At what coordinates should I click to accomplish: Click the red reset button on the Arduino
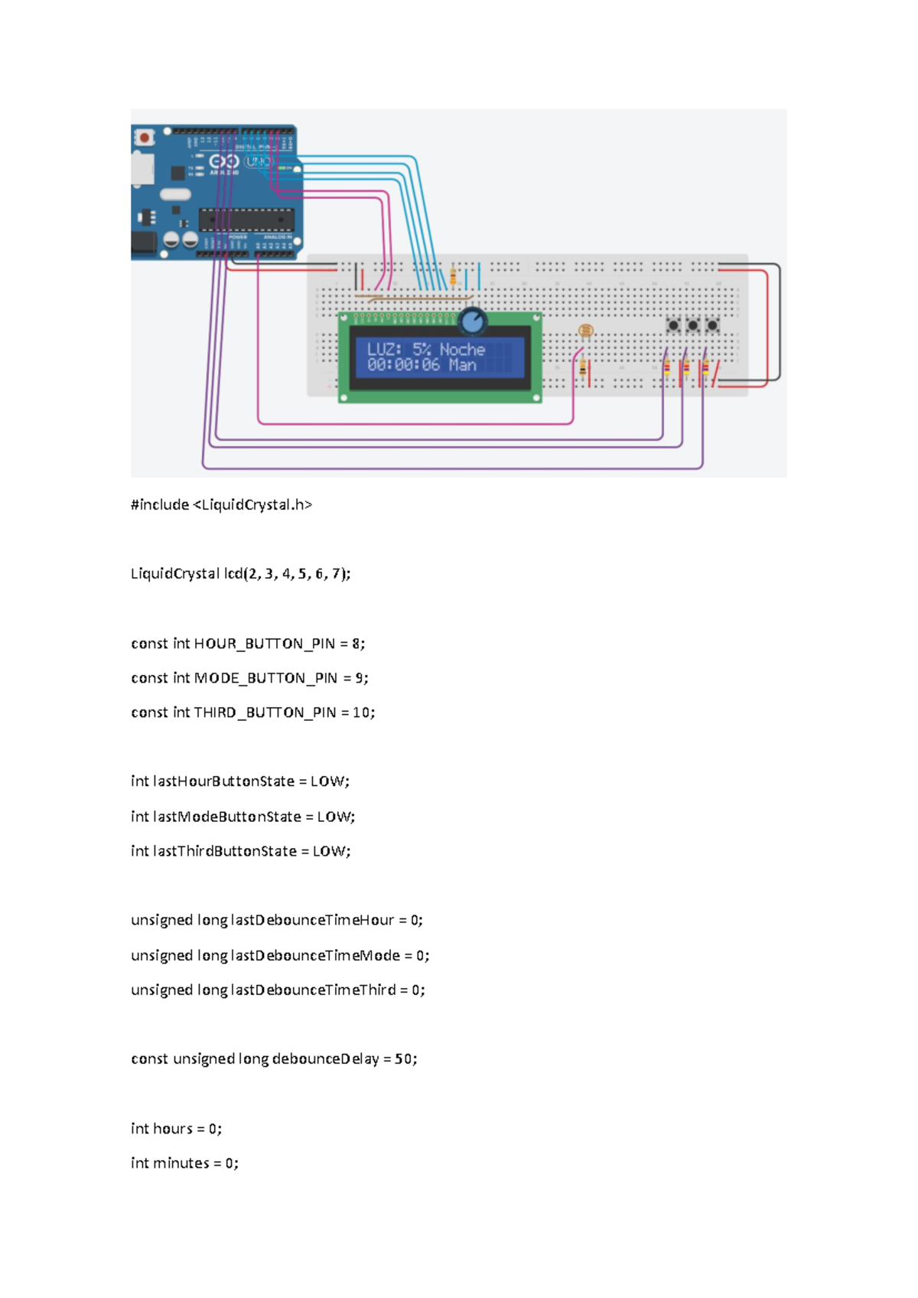point(144,138)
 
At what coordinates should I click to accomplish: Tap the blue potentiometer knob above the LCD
point(473,321)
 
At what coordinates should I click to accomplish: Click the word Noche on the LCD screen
point(462,349)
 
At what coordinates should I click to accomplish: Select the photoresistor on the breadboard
point(585,331)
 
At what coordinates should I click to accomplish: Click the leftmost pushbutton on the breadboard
point(673,326)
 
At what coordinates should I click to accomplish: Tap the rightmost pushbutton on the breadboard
point(712,326)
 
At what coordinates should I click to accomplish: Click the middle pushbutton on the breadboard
point(693,326)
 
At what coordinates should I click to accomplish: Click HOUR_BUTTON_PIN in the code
point(264,644)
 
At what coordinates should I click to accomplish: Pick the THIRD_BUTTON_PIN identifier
point(265,713)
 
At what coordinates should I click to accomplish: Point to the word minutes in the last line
point(181,1163)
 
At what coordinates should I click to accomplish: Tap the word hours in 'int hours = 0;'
point(172,1129)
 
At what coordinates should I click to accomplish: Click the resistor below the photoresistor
point(583,370)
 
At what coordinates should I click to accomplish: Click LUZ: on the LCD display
point(384,349)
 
